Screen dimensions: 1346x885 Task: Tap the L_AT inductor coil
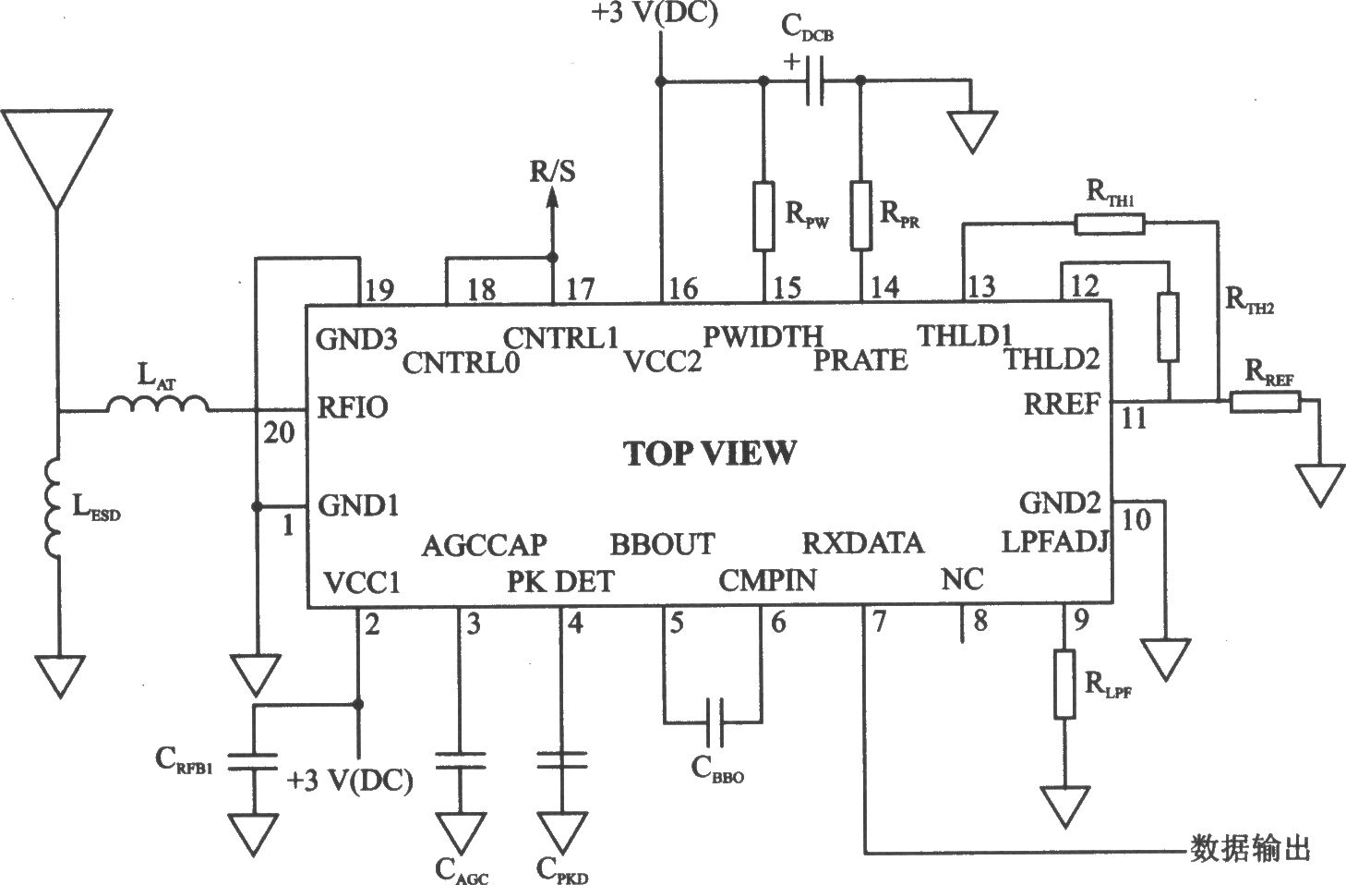pyautogui.click(x=158, y=404)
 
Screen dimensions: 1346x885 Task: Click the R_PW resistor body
pyautogui.click(x=763, y=216)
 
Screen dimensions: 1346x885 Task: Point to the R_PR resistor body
pyautogui.click(x=860, y=215)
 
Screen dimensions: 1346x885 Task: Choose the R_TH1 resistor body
pyautogui.click(x=1110, y=224)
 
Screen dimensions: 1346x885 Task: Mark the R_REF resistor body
pyautogui.click(x=1266, y=401)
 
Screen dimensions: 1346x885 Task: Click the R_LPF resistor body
pyautogui.click(x=1064, y=684)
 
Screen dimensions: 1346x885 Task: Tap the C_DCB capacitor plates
pyautogui.click(x=814, y=81)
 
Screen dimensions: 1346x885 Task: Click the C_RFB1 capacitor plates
pyautogui.click(x=254, y=761)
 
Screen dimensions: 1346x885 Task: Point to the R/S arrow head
pyautogui.click(x=552, y=199)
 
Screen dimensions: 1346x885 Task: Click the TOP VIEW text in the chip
pyautogui.click(x=710, y=453)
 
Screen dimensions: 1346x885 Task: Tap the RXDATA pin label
pyautogui.click(x=862, y=543)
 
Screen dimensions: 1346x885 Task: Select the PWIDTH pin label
pyautogui.click(x=763, y=336)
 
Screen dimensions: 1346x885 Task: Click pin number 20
pyautogui.click(x=279, y=433)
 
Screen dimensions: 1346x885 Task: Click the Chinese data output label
pyautogui.click(x=1250, y=850)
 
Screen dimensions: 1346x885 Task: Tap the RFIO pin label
pyautogui.click(x=353, y=407)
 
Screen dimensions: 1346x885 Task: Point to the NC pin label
pyautogui.click(x=962, y=579)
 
